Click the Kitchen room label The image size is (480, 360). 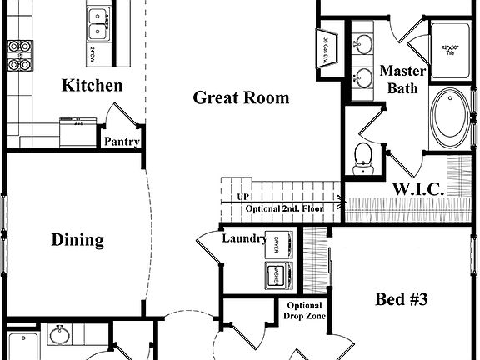click(x=92, y=86)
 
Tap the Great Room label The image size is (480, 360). click(x=241, y=98)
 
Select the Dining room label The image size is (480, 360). click(x=77, y=241)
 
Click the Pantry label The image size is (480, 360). click(x=121, y=142)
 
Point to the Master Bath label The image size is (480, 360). click(x=403, y=79)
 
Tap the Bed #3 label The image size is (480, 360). click(x=402, y=299)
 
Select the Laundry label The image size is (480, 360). click(x=244, y=239)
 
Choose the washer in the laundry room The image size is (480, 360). click(x=275, y=273)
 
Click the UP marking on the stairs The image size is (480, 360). click(x=244, y=197)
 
